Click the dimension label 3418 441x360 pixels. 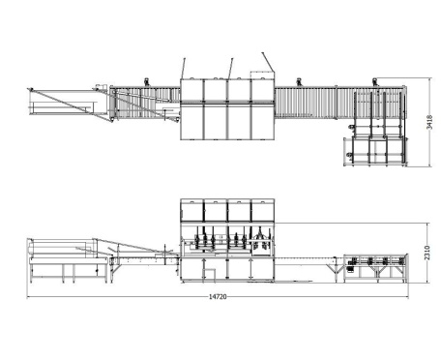(x=429, y=122)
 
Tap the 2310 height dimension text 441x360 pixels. (x=427, y=253)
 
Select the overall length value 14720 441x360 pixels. (x=218, y=296)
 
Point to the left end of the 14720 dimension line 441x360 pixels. (x=27, y=297)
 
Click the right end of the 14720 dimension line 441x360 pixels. (x=408, y=297)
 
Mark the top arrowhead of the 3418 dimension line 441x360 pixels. (x=429, y=78)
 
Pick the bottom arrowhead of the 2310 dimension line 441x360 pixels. (x=427, y=283)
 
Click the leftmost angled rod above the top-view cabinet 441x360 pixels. (x=183, y=69)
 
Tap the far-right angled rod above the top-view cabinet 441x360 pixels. (x=268, y=62)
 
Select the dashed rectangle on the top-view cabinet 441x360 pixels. (x=263, y=75)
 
